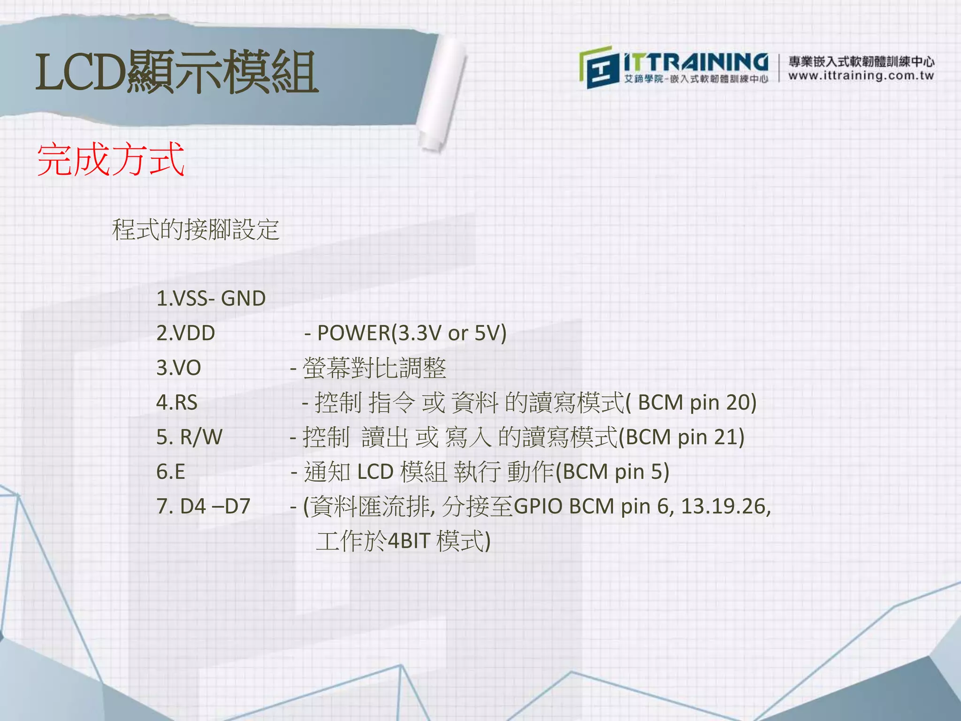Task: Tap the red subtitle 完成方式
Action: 111,160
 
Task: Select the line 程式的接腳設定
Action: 196,230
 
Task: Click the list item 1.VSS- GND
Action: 211,299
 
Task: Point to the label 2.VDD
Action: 185,333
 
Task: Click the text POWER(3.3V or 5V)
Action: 412,333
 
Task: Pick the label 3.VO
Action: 178,368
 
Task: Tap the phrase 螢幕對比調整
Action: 374,368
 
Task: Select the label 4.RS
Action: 177,403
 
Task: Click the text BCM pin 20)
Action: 697,403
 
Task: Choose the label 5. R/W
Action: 189,437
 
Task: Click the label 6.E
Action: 171,472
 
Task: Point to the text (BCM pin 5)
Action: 612,472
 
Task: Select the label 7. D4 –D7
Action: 203,506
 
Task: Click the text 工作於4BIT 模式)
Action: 403,541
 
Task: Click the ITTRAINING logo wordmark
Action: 695,63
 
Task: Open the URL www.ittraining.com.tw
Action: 861,76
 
